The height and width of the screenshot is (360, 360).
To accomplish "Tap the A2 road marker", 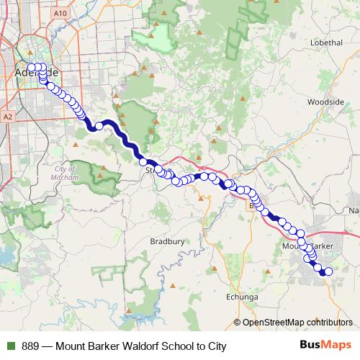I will click(x=8, y=116).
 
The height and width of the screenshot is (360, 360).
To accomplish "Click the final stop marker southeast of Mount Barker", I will click(x=328, y=271).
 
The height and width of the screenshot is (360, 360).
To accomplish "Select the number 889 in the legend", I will click(x=31, y=346).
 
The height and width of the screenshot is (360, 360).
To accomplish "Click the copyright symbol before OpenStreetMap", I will click(x=238, y=322).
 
